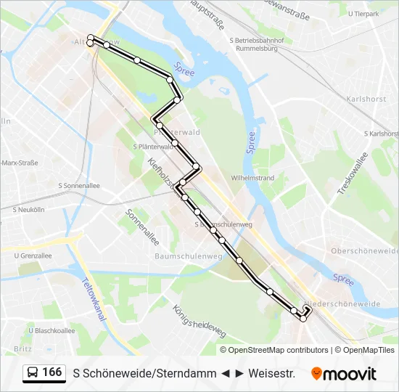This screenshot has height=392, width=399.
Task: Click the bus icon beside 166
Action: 33,373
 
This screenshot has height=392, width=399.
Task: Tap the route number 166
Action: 52,372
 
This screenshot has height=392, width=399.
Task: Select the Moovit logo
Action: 344,374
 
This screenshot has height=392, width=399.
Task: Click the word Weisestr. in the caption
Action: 271,374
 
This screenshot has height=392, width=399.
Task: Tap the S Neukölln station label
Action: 29,209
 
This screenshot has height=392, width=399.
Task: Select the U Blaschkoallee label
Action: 52,330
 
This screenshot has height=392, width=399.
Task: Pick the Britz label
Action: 22,348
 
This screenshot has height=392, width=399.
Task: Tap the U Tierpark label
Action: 363,14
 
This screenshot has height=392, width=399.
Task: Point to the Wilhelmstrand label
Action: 252,177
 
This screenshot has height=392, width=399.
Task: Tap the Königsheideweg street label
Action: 199,320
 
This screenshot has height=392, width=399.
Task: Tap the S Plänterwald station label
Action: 151,146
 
